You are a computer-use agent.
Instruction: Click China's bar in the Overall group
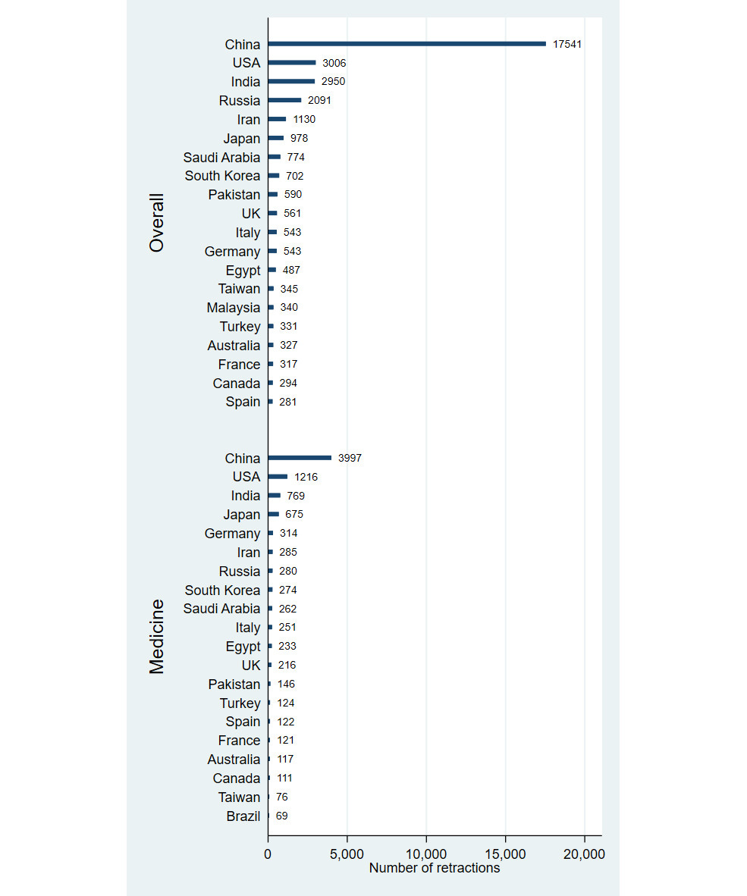tap(407, 44)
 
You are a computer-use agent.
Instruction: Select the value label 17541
tap(567, 44)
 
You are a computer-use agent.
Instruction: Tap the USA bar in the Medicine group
tap(278, 477)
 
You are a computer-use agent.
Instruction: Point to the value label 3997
tap(350, 458)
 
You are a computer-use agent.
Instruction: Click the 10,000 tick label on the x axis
tap(425, 854)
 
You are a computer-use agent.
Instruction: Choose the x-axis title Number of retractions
tap(435, 868)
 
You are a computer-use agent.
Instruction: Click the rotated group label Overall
tap(156, 222)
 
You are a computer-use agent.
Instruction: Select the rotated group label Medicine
tap(156, 637)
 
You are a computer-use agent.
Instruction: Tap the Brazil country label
tap(243, 816)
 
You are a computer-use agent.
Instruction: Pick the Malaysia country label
tap(233, 308)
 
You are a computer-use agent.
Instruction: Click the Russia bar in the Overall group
tap(284, 100)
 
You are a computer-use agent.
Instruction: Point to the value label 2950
tap(333, 81)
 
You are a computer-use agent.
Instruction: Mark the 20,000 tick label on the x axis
tap(584, 854)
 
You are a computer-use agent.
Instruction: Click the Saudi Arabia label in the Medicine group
tap(221, 609)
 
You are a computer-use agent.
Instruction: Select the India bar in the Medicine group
tap(275, 496)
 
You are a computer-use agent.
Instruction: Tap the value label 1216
tap(306, 477)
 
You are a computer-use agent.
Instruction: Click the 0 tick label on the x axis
tap(268, 854)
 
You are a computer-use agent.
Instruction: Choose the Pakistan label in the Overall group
tap(234, 195)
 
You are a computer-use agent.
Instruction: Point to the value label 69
tap(282, 816)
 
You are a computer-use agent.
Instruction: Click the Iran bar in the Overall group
tap(278, 119)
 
